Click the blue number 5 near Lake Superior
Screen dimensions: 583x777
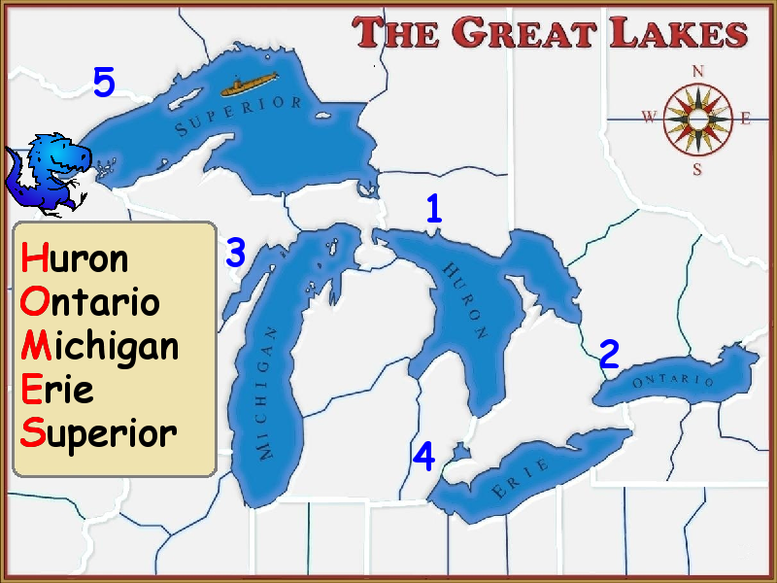coord(104,83)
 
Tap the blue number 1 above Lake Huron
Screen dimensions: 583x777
coord(434,208)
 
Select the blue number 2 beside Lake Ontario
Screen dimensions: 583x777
coord(609,355)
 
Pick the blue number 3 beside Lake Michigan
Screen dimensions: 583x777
coord(235,253)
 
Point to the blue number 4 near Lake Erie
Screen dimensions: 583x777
coord(423,456)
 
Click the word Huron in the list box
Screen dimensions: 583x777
coord(75,258)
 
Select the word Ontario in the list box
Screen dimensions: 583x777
coord(89,301)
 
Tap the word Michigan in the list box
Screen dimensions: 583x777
coord(99,346)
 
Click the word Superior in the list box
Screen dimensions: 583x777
coord(98,433)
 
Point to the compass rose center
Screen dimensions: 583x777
coord(697,119)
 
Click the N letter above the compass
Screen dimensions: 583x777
coord(697,71)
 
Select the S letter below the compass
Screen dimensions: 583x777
coord(696,169)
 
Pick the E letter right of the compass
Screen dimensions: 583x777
coord(746,119)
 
